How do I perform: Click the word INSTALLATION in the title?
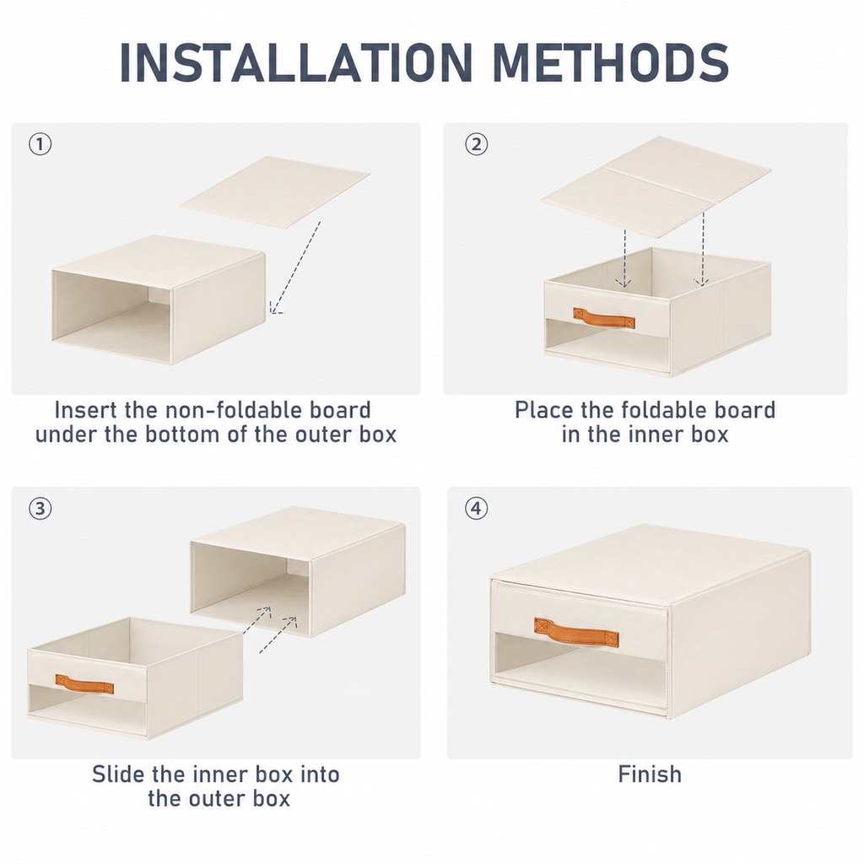pyautogui.click(x=296, y=62)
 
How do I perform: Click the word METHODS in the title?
pyautogui.click(x=611, y=62)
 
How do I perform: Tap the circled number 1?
pyautogui.click(x=40, y=144)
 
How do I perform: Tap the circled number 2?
pyautogui.click(x=476, y=144)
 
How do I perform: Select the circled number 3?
pyautogui.click(x=40, y=508)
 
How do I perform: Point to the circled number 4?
pyautogui.click(x=476, y=508)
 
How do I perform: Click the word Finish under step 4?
pyautogui.click(x=650, y=775)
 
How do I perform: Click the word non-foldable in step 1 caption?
pyautogui.click(x=227, y=410)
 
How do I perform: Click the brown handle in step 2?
pyautogui.click(x=604, y=318)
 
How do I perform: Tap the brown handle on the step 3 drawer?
pyautogui.click(x=84, y=684)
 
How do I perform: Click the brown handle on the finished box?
pyautogui.click(x=575, y=633)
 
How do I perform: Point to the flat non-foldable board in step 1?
pyautogui.click(x=274, y=192)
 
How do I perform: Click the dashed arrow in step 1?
pyautogui.click(x=294, y=267)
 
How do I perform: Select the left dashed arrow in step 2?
pyautogui.click(x=624, y=258)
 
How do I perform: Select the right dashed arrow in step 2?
pyautogui.click(x=702, y=249)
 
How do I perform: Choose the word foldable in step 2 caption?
pyautogui.click(x=672, y=410)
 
